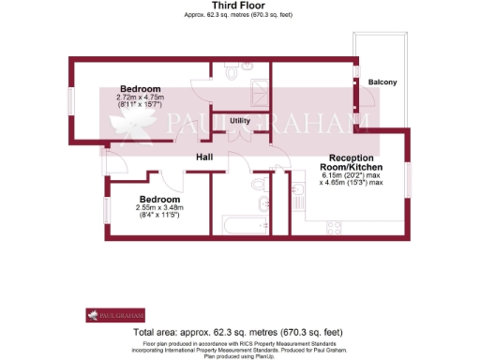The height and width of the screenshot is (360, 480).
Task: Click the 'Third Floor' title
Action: click(239, 6)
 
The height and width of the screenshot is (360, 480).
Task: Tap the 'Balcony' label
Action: click(382, 82)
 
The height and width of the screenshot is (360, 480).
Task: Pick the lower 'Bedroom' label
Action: click(159, 200)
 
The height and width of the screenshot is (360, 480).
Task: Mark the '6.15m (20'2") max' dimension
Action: click(352, 175)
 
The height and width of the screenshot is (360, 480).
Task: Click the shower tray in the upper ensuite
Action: click(256, 85)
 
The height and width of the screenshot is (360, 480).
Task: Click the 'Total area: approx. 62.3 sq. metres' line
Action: click(239, 333)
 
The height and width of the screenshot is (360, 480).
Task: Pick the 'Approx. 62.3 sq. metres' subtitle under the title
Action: click(239, 16)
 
